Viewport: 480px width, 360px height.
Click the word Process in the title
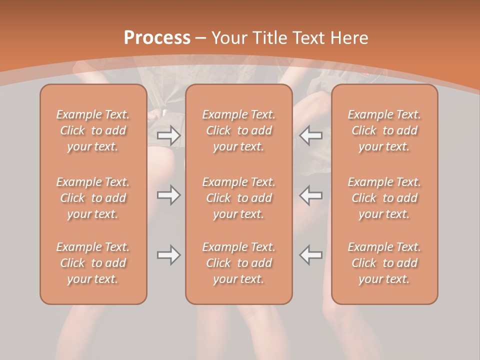coord(157,38)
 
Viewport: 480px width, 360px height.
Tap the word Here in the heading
coord(350,38)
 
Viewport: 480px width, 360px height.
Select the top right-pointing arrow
coord(168,135)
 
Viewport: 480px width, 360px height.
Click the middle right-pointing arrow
coord(168,195)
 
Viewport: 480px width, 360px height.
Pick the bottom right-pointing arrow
coord(168,255)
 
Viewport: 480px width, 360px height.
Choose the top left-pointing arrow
coord(311,135)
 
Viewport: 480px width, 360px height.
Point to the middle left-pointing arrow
coord(311,195)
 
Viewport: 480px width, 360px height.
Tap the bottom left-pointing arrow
coord(311,255)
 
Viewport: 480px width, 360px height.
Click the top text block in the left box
coord(93,130)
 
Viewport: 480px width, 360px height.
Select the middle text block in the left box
coord(93,198)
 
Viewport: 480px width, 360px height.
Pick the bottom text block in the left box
coord(93,263)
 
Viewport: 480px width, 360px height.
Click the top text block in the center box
coord(239,130)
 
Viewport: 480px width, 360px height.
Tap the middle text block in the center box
coord(239,198)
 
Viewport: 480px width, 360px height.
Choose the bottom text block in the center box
coord(239,263)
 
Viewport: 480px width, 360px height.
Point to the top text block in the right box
coord(384,130)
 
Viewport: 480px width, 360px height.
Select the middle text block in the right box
coord(384,198)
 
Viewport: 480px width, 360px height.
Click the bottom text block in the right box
coord(384,263)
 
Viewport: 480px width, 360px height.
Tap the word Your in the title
coord(228,38)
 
